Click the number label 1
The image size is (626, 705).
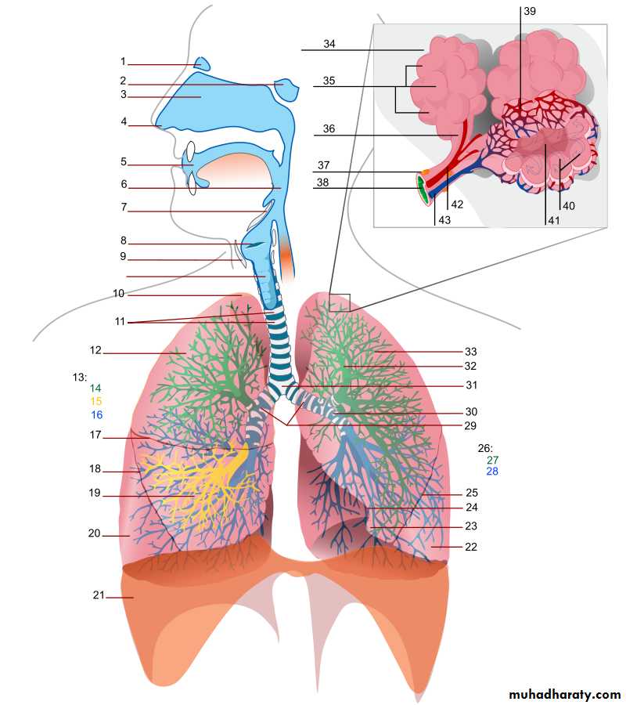[123, 61]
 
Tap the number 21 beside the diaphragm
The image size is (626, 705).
[98, 595]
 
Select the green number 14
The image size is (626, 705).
[95, 389]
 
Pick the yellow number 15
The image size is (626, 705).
[95, 401]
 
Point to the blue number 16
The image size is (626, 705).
[95, 414]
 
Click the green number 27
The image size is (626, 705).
[492, 460]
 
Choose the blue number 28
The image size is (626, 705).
[492, 472]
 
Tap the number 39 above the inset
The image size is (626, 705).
[530, 11]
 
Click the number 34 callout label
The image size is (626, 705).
[329, 44]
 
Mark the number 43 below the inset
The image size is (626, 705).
[444, 222]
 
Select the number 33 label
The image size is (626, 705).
[470, 352]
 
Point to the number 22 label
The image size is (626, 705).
[470, 547]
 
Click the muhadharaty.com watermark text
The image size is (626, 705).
[564, 694]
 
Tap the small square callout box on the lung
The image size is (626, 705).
[340, 302]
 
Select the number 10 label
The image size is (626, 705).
[119, 294]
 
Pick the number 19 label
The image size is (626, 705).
[95, 493]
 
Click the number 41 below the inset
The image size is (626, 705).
[554, 222]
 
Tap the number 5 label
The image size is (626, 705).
[123, 162]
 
